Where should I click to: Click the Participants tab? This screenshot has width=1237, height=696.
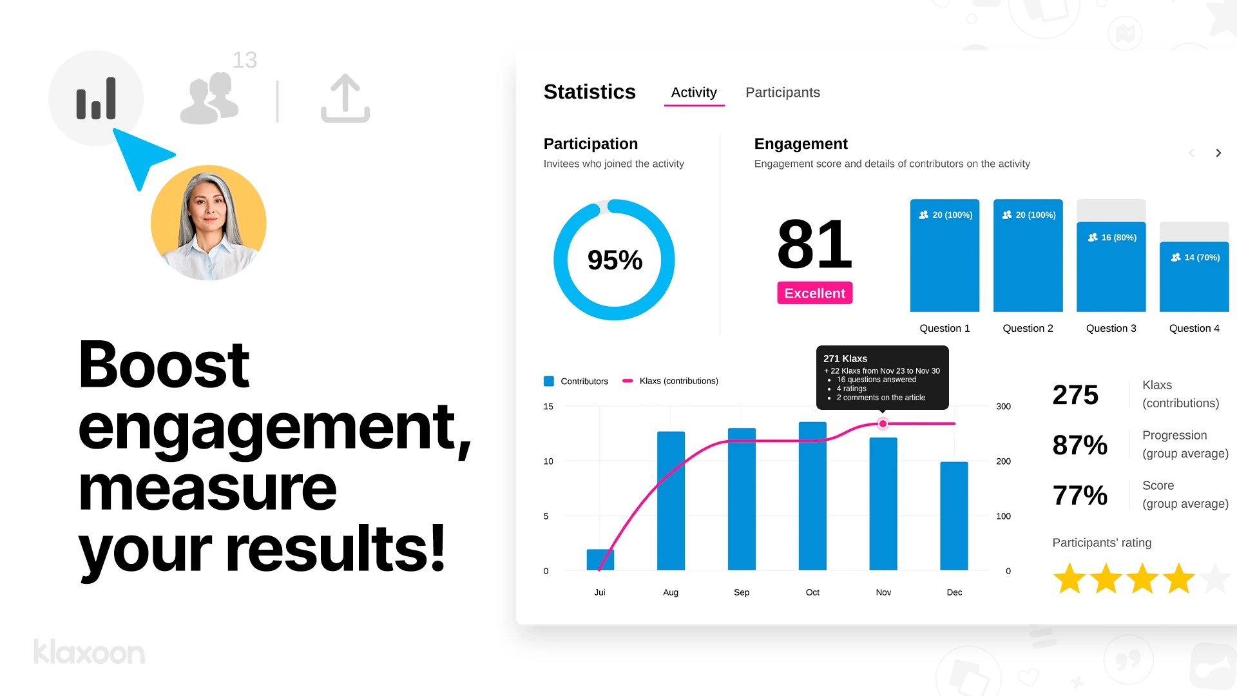coord(782,92)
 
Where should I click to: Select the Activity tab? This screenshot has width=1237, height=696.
coord(694,92)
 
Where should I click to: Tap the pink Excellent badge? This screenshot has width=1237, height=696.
coord(814,293)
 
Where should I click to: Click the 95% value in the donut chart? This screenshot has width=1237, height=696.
coord(615,260)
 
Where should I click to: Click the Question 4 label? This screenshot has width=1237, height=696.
coord(1194,328)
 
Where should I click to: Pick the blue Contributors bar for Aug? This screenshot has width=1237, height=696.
coord(671,501)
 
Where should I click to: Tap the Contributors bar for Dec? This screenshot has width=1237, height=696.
coord(954,516)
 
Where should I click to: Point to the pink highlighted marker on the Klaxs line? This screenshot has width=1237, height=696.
coord(883,423)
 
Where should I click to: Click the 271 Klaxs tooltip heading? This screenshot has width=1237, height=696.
coord(845,358)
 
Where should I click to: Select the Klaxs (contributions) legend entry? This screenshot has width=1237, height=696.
coord(678,381)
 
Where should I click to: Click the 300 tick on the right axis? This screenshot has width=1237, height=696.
coord(1003,407)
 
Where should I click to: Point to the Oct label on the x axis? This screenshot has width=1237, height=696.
coord(812,592)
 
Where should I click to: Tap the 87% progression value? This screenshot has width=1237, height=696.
coord(1080,445)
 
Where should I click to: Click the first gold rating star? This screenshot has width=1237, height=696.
coord(1069,578)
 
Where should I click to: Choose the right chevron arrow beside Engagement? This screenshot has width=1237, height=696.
coord(1218,153)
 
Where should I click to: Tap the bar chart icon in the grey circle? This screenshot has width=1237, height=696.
coord(96,99)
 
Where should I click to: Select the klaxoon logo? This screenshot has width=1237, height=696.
coord(90,652)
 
